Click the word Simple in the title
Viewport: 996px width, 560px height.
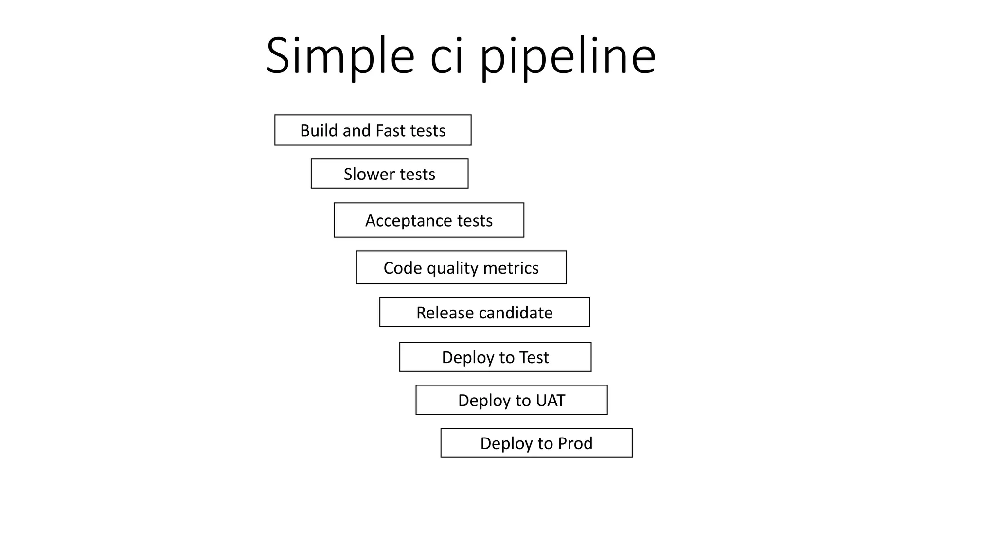point(339,56)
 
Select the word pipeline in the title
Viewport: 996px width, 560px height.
point(568,57)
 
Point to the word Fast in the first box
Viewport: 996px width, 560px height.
point(390,130)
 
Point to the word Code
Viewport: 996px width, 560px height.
point(402,268)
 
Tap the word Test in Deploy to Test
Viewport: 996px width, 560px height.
point(534,357)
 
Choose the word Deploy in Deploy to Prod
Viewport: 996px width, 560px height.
point(506,444)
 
